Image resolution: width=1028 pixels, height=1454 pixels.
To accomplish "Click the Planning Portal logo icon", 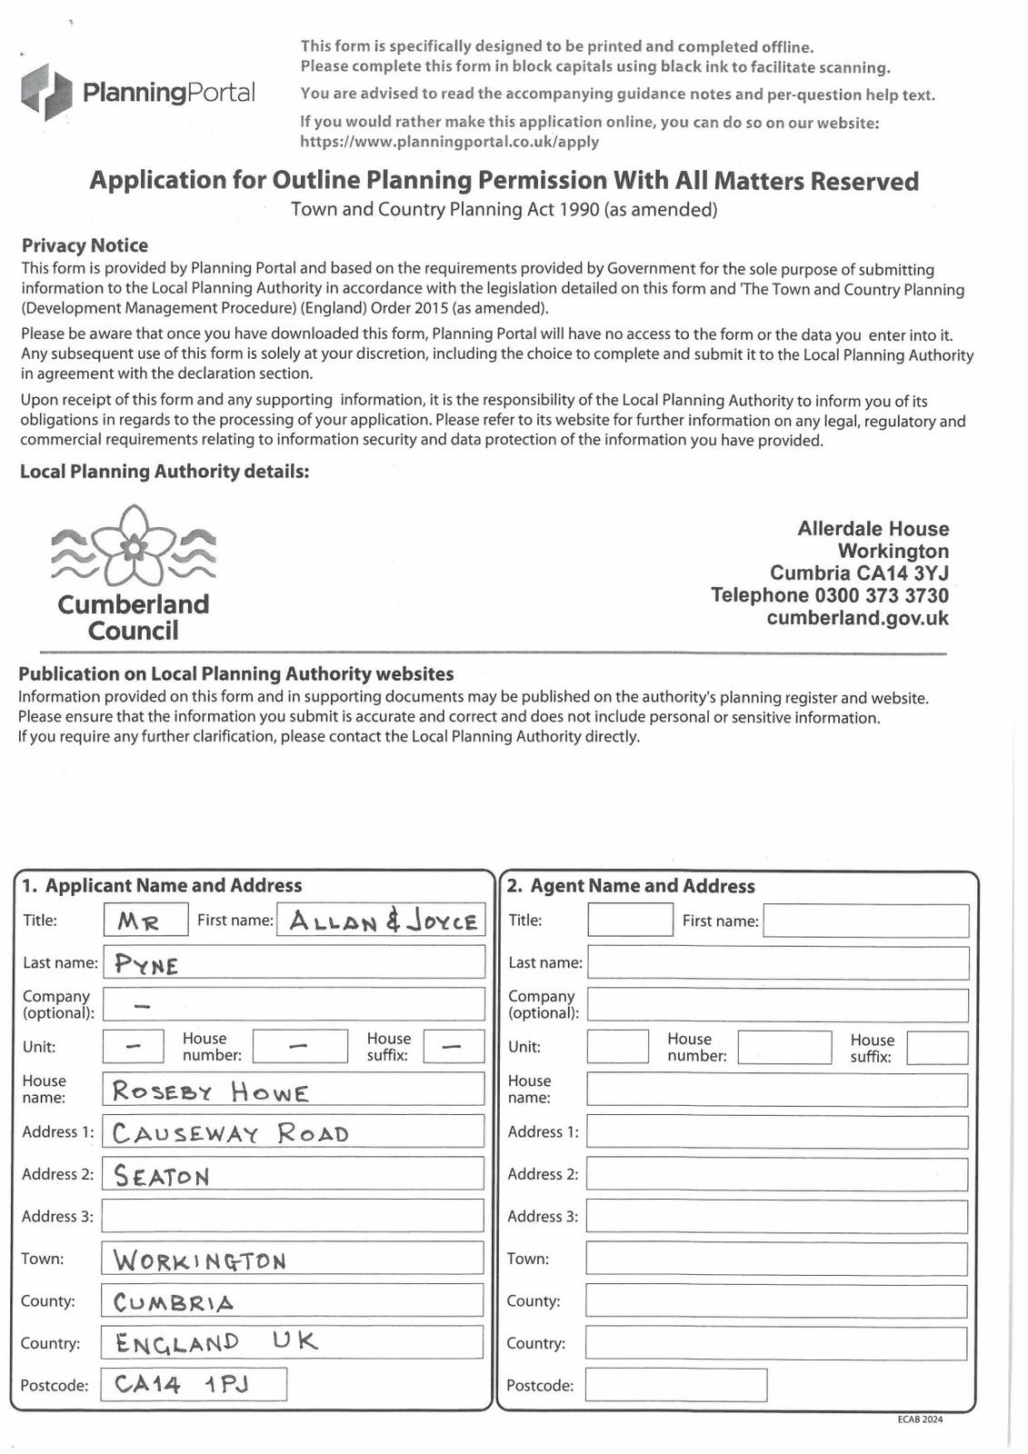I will coord(46,93).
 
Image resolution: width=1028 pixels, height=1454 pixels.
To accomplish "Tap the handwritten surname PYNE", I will coord(147,964).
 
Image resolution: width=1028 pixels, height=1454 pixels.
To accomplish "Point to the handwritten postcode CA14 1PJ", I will coord(182,1384).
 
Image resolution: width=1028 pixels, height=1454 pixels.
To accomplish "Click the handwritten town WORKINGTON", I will coord(199,1260).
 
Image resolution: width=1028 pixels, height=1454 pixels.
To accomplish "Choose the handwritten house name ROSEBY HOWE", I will coord(210,1091).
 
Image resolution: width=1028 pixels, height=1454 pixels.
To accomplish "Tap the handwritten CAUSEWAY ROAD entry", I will coord(231,1133).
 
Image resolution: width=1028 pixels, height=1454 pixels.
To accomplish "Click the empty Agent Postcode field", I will coord(675,1385).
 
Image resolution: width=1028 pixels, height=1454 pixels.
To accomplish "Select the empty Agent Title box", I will coord(630,921).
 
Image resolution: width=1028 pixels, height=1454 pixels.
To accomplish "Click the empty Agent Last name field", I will coord(777,963).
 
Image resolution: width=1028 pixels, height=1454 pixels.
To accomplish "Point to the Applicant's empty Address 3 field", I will coord(292,1216).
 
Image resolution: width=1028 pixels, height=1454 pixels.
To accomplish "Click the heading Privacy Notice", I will coord(85,245).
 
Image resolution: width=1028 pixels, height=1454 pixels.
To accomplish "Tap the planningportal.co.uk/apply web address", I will coord(449,142).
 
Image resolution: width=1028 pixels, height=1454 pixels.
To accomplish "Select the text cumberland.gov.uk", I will coord(857,619).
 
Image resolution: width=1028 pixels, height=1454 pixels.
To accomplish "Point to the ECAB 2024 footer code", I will coord(919,1419).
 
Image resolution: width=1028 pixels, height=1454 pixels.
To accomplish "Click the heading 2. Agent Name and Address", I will coord(631,886).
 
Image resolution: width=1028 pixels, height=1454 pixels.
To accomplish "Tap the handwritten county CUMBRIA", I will coord(174,1302).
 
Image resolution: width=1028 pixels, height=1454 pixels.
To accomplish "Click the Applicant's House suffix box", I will coord(454,1047).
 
